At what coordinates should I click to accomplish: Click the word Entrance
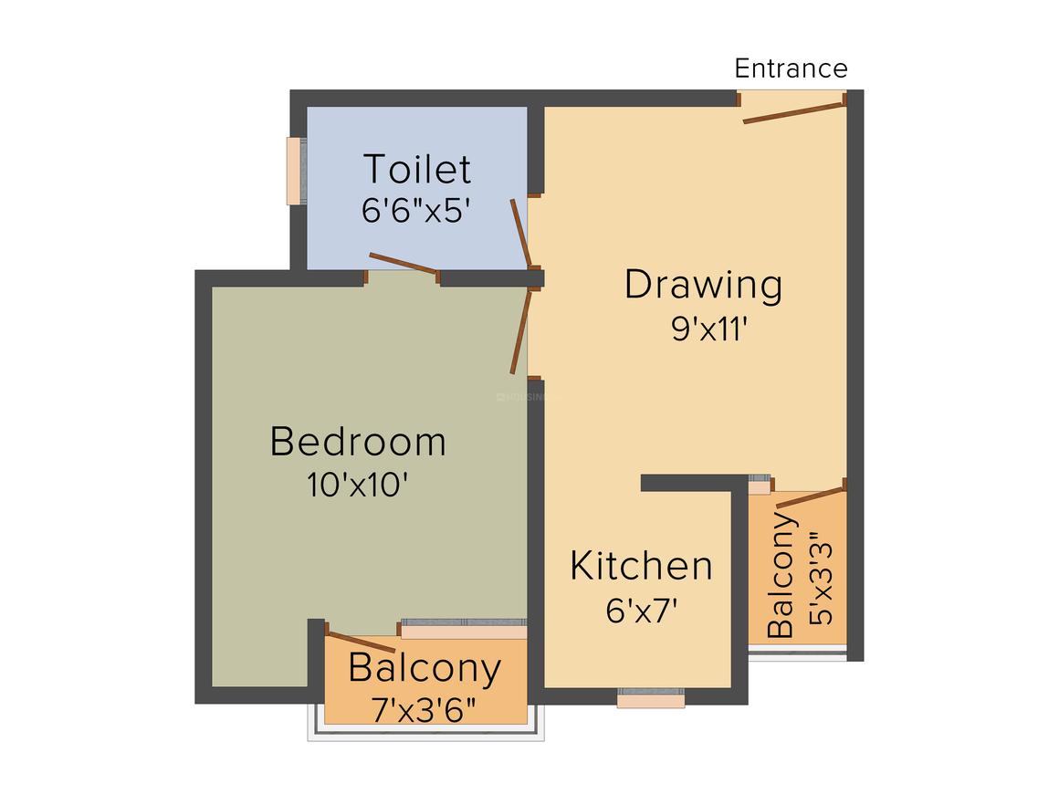click(x=791, y=68)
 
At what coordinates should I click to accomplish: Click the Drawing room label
click(x=703, y=285)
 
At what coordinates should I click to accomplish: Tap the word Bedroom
click(x=358, y=442)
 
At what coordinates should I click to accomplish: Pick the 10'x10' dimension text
click(x=357, y=484)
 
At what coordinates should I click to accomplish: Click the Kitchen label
click(x=641, y=566)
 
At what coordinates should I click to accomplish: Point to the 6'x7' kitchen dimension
click(x=641, y=610)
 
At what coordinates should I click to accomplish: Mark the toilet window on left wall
click(x=294, y=171)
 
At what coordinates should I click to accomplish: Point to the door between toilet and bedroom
click(x=404, y=263)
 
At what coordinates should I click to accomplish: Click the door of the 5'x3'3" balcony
click(x=809, y=496)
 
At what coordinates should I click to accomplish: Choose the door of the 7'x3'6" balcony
click(x=360, y=641)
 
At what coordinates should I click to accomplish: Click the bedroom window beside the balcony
click(x=464, y=631)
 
